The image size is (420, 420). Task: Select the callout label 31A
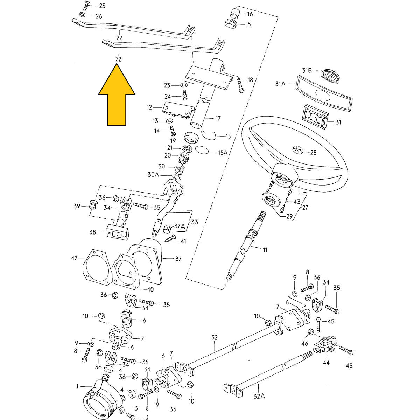[281, 84]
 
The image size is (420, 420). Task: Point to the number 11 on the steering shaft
[265, 250]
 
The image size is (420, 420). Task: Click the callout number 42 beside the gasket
[74, 258]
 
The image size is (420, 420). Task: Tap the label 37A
[180, 226]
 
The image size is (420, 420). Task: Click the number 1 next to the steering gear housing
[77, 386]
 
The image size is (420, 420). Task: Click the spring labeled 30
[179, 170]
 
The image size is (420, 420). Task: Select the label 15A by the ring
[223, 153]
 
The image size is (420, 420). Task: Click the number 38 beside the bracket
[93, 232]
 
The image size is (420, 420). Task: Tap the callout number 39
[77, 206]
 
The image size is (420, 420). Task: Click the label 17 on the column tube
[218, 119]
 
